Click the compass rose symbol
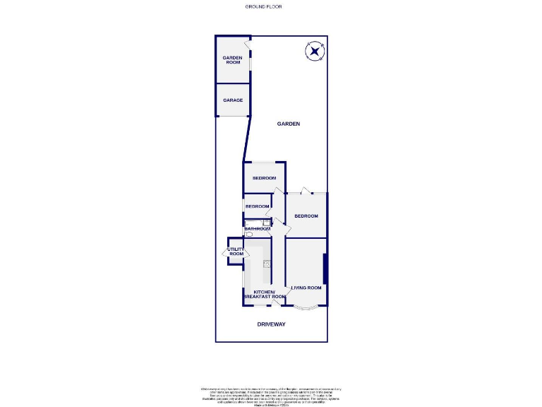tap(314, 51)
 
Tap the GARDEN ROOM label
tap(233, 60)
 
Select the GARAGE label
tap(233, 100)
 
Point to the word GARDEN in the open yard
tap(288, 124)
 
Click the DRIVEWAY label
tap(271, 324)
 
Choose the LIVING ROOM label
tap(306, 288)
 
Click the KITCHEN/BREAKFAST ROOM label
tap(264, 295)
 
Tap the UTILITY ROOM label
tap(235, 252)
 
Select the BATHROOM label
tap(258, 229)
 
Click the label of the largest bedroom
tap(306, 216)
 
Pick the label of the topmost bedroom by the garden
tap(264, 178)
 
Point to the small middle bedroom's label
tap(258, 206)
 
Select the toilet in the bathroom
tap(248, 235)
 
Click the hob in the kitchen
tap(266, 264)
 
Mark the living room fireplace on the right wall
tap(325, 269)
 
